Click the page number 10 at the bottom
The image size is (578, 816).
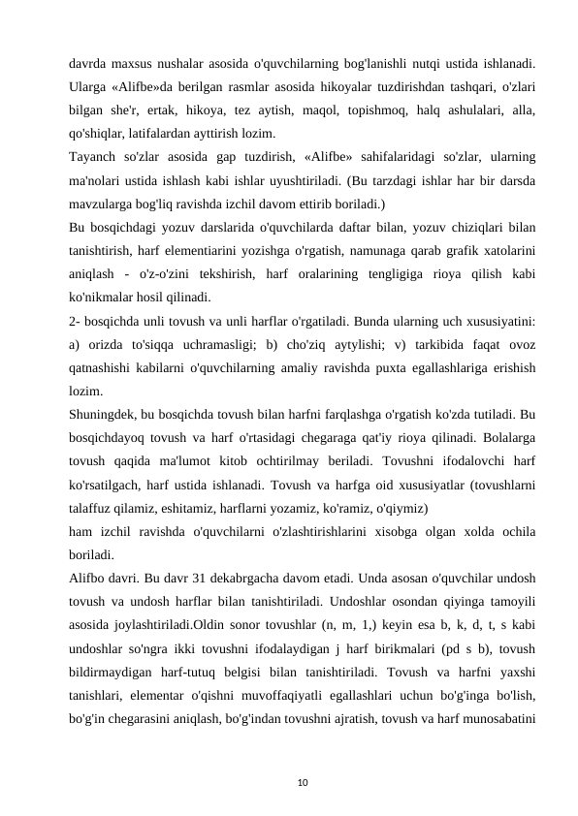289,779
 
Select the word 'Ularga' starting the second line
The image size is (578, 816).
89,87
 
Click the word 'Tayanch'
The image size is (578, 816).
93,157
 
